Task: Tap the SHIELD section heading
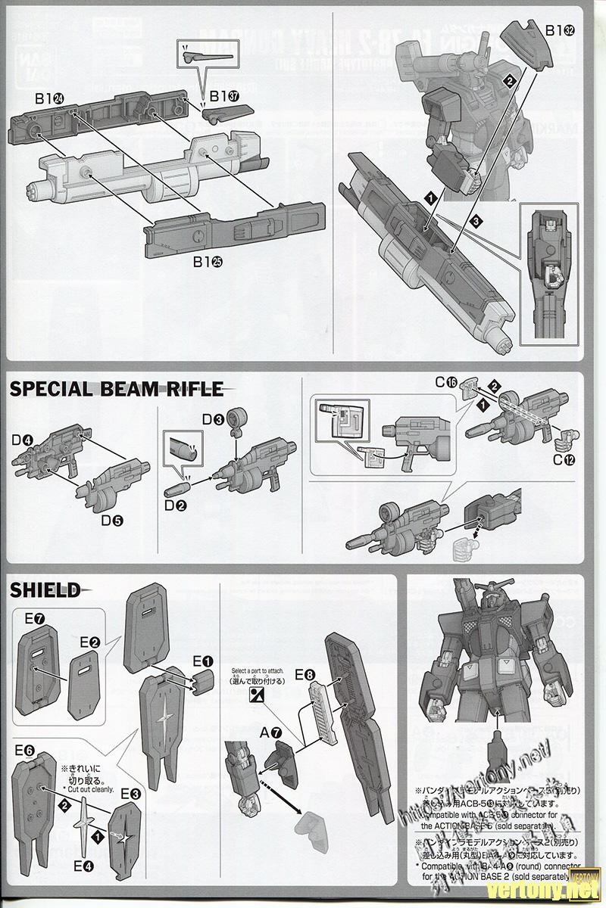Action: (x=45, y=590)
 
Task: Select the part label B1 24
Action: (x=47, y=98)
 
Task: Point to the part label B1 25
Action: (x=207, y=262)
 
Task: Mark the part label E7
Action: (x=34, y=619)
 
